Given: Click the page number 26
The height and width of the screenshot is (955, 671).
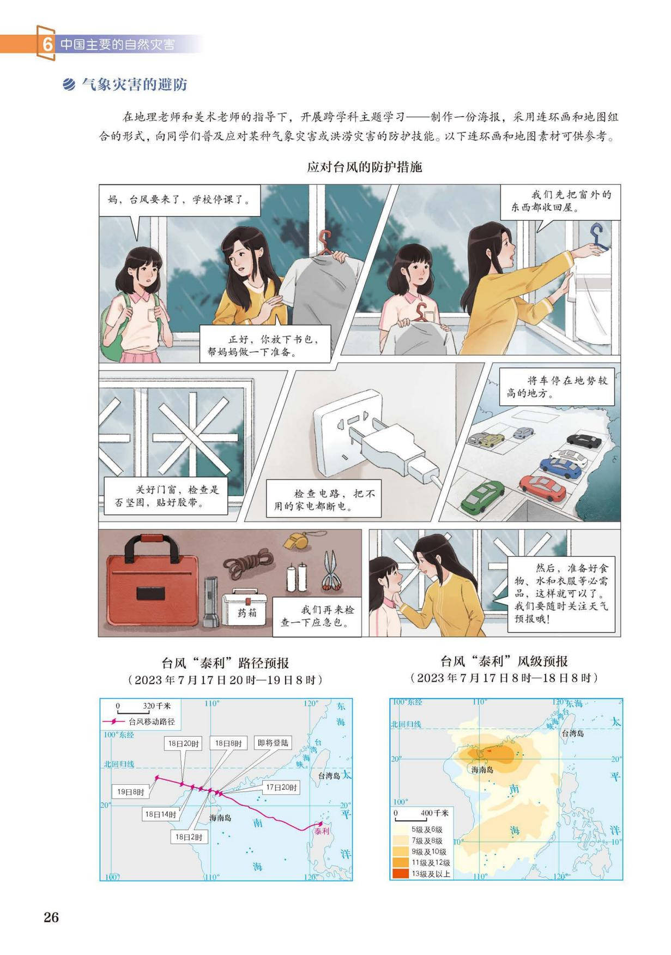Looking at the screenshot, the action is pos(51,917).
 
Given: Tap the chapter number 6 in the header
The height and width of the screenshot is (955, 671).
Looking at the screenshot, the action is pos(47,44).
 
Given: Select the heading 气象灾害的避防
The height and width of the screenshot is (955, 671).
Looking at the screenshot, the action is pos(134,85).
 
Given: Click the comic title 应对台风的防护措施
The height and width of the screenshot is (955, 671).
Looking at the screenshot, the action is pos(365,167).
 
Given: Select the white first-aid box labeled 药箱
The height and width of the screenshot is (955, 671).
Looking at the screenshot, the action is pos(246,609).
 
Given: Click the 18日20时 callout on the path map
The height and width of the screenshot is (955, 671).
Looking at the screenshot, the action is pos(183,743).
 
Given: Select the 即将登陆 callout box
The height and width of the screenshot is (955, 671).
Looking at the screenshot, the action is pos(273,743).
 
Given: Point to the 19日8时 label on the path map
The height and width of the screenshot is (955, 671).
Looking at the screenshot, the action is pos(131,792).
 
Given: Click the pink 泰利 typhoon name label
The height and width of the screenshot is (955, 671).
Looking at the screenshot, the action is pos(322,831).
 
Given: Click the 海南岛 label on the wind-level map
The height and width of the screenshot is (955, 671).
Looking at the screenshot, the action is pos(482,770).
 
